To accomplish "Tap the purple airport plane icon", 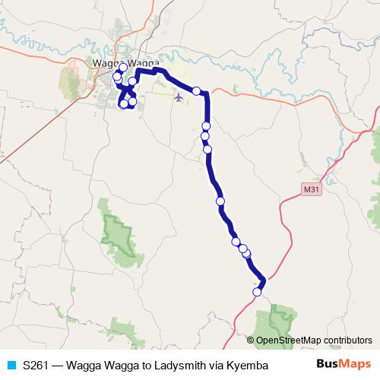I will [179, 97].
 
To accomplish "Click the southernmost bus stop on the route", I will [257, 292].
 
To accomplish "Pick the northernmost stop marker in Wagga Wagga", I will [123, 68].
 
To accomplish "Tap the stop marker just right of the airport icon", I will [196, 91].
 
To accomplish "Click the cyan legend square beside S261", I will [11, 365].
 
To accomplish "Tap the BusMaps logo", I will [338, 365].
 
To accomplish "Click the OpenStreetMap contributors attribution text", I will [314, 340].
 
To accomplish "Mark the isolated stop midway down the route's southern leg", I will [220, 201].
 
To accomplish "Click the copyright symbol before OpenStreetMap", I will [251, 340].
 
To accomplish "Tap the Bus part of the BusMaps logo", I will [326, 365].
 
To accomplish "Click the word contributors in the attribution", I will [347, 340].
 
